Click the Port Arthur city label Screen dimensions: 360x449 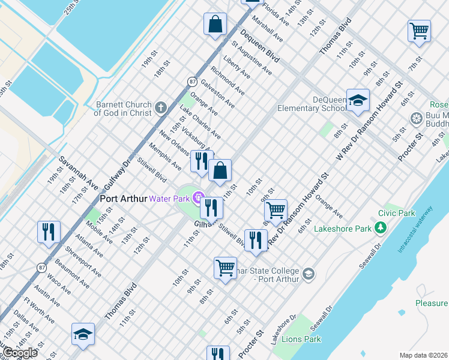click(x=123, y=198)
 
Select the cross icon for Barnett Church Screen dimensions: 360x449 click(x=160, y=108)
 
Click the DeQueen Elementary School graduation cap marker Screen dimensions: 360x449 click(x=358, y=100)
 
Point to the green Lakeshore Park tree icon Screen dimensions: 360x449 click(x=379, y=227)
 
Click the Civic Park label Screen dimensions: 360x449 click(x=397, y=213)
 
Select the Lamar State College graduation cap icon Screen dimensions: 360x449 click(x=308, y=274)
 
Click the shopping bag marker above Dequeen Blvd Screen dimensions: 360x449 click(x=215, y=25)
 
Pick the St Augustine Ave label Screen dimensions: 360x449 click(x=252, y=58)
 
